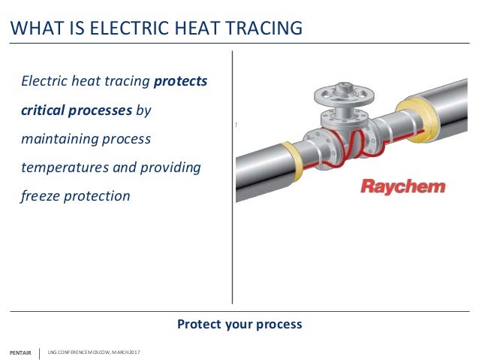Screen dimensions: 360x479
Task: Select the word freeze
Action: click(40, 196)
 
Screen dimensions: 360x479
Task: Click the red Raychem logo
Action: click(402, 186)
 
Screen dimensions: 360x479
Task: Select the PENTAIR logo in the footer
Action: click(20, 352)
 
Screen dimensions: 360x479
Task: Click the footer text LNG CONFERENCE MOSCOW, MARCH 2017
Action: click(94, 352)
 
